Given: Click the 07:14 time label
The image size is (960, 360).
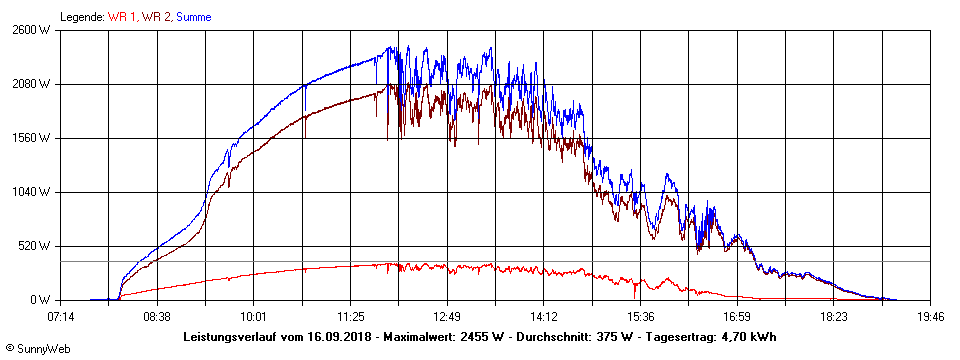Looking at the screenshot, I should click(x=60, y=317).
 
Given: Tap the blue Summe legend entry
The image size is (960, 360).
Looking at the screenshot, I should click(x=194, y=17).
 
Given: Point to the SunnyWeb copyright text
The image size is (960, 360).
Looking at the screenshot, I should click(x=33, y=349).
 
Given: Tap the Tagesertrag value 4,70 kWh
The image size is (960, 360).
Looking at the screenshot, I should click(x=750, y=337).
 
